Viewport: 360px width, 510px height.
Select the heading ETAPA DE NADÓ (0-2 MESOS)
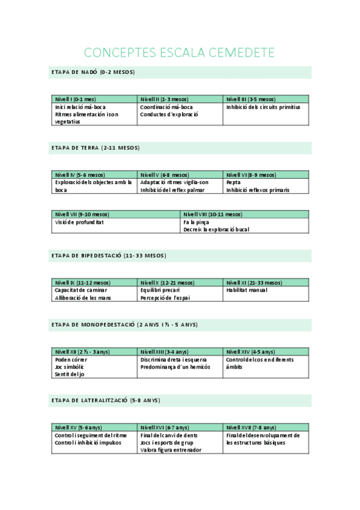point(93,72)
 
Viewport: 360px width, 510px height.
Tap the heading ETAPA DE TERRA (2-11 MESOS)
point(96,147)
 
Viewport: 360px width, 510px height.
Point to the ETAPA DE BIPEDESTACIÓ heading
point(109,256)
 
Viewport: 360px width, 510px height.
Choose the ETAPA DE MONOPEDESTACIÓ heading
point(124,325)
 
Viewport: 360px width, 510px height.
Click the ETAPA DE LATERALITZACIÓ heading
point(106,400)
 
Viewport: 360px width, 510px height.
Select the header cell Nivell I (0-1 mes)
point(75,99)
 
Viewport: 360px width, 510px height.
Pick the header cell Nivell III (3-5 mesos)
point(251,99)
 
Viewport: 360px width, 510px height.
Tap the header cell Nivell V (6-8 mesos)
point(165,175)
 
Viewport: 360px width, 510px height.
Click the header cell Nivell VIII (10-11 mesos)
point(213,214)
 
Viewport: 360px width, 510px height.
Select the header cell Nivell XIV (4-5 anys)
point(251,352)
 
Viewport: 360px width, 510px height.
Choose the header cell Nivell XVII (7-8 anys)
point(251,428)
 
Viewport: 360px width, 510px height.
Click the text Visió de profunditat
point(79,222)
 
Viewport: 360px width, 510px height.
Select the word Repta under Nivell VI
point(234,182)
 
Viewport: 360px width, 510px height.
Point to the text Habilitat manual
point(246,290)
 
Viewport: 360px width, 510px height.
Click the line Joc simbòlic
point(69,366)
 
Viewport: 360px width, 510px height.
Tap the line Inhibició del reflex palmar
point(172,190)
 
